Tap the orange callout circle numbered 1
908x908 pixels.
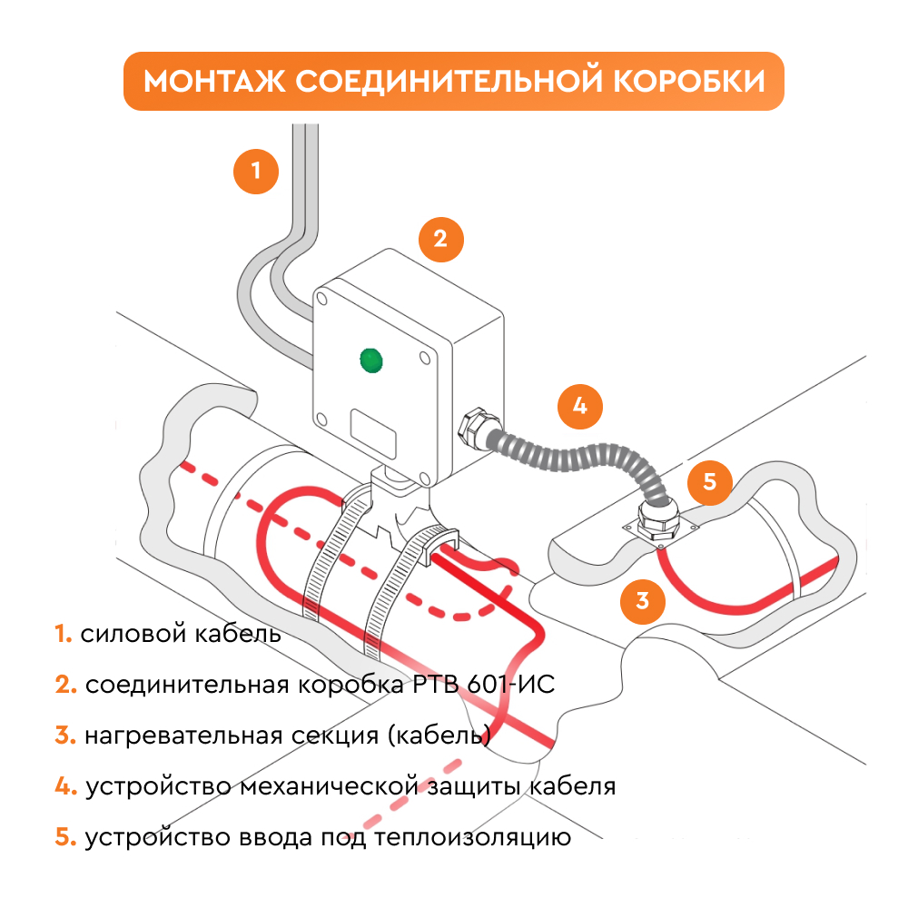(x=256, y=171)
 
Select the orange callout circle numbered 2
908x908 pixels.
(x=440, y=239)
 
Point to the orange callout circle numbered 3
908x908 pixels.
(x=643, y=600)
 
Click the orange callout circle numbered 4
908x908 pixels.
(x=580, y=407)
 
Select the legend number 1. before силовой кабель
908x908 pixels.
(x=63, y=634)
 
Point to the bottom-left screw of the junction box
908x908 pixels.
(x=321, y=419)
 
